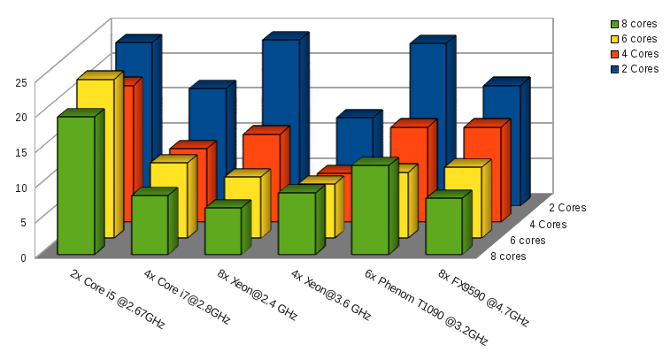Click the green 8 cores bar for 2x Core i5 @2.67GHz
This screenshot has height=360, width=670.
tap(75, 186)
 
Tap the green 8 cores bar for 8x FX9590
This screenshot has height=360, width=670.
tap(443, 226)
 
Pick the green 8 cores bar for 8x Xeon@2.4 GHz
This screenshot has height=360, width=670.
tap(222, 231)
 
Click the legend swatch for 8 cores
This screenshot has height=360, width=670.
tap(614, 24)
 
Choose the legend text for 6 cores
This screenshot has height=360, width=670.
tap(640, 39)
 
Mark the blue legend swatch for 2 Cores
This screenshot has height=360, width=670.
tap(614, 69)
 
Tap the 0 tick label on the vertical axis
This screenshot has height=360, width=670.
tap(23, 257)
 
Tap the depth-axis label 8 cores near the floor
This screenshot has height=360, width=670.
tap(508, 257)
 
